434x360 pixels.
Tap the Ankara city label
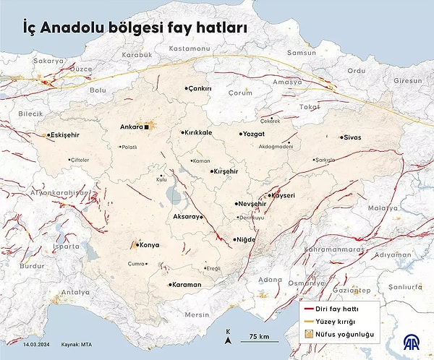131,127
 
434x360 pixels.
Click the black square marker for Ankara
147,127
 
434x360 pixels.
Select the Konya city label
148,245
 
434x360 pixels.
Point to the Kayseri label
283,195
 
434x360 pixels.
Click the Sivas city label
352,137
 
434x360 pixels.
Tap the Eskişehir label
64,135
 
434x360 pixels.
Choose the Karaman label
187,284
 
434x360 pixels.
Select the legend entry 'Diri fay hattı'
339,308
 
